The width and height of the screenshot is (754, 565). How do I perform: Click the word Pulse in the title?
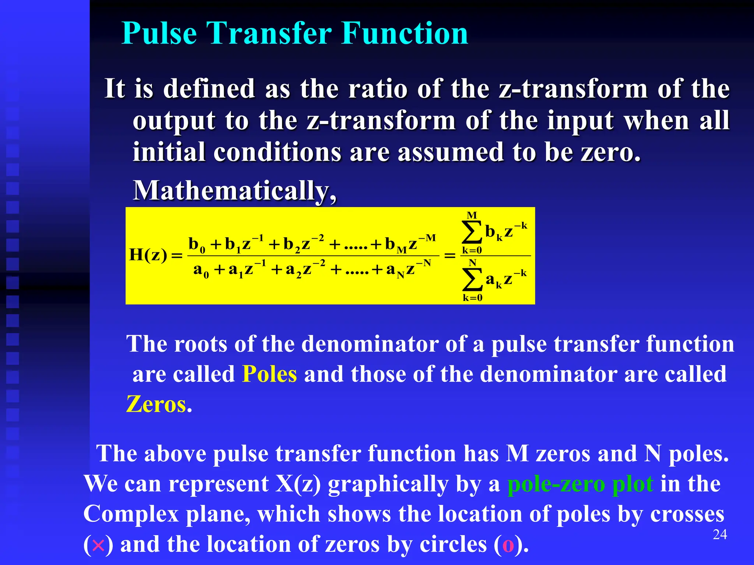click(159, 33)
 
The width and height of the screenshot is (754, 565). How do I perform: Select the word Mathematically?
click(234, 191)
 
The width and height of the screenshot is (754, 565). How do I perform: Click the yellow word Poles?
click(269, 374)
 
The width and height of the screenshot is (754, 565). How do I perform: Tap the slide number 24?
click(720, 534)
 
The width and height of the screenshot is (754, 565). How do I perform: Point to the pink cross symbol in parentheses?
click(98, 545)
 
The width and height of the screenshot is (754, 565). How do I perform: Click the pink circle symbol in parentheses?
click(508, 545)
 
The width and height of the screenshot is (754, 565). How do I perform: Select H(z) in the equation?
click(148, 255)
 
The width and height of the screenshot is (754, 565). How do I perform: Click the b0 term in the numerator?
click(197, 244)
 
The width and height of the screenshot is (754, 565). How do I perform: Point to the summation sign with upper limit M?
click(472, 232)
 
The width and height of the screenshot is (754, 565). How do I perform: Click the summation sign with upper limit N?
click(472, 280)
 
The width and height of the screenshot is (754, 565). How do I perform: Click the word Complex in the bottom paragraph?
click(131, 514)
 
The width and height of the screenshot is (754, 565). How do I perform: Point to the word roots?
click(200, 344)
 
